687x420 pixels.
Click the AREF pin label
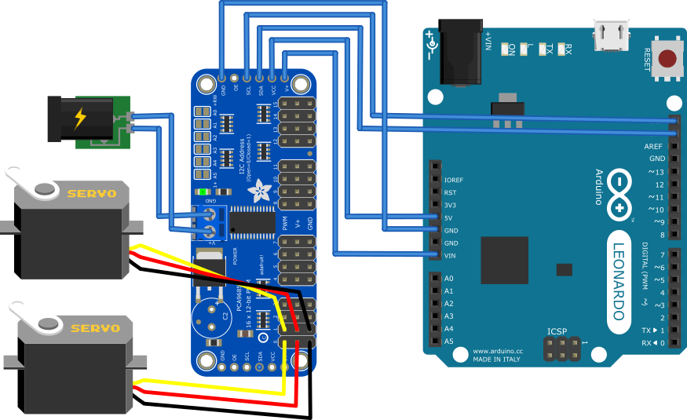point(654,146)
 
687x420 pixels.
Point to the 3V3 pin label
point(451,205)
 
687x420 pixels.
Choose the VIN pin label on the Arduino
point(451,255)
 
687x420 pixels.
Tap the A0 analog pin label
point(449,279)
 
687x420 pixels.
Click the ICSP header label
point(557,332)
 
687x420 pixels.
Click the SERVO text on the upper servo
point(91,193)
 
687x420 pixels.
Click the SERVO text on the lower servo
point(94,327)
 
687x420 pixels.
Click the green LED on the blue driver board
point(203,192)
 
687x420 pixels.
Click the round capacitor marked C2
point(211,316)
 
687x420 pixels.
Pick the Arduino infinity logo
point(621,195)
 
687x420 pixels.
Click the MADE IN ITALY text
point(496,359)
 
